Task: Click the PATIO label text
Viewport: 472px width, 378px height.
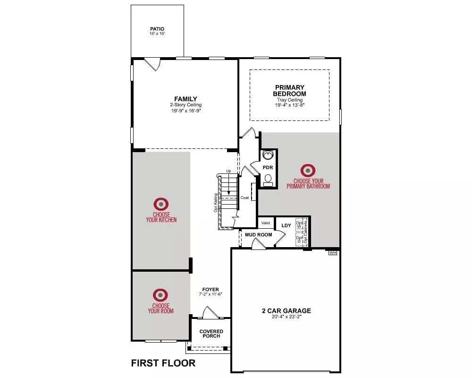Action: tap(157, 29)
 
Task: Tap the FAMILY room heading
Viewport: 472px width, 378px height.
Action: tap(185, 99)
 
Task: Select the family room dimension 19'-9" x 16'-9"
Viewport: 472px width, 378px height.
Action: tap(185, 111)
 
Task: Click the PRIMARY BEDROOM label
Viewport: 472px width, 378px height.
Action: tap(290, 90)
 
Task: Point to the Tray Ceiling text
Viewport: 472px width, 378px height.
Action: tap(290, 100)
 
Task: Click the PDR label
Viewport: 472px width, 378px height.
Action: tap(268, 168)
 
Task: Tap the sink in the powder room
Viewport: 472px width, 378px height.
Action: tap(268, 155)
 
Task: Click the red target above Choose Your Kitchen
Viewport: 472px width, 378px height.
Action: tap(161, 204)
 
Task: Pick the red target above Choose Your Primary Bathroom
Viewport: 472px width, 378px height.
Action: tap(308, 170)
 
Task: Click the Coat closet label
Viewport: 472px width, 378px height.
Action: tap(244, 198)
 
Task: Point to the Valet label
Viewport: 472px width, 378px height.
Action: tap(265, 223)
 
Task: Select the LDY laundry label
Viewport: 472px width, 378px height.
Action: tap(286, 225)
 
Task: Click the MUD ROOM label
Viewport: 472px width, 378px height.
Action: tap(258, 235)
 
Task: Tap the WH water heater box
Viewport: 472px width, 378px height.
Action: tap(333, 253)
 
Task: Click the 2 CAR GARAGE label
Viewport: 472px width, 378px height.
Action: tap(287, 310)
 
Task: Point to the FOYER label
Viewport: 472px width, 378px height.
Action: tap(211, 289)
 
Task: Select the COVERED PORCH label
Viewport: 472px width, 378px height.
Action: tap(211, 334)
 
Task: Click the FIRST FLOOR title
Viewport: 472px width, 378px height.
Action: tap(163, 363)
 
